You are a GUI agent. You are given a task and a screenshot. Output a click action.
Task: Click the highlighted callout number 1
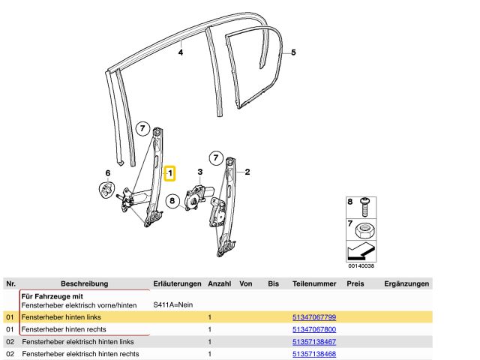pyautogui.click(x=170, y=174)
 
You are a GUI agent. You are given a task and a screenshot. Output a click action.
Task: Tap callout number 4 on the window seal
pyautogui.click(x=181, y=53)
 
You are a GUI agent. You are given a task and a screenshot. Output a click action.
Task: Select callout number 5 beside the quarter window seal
pyautogui.click(x=293, y=52)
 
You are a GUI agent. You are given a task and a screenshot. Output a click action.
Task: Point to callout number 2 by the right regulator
pyautogui.click(x=247, y=171)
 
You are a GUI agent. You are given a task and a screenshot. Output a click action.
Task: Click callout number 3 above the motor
pyautogui.click(x=200, y=172)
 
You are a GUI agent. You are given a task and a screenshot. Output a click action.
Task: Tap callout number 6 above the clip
pyautogui.click(x=107, y=173)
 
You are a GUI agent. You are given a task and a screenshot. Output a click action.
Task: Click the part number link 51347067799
pyautogui.click(x=313, y=318)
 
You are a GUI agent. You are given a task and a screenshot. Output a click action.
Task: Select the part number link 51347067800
pyautogui.click(x=313, y=330)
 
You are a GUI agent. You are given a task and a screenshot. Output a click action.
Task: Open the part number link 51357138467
pyautogui.click(x=313, y=342)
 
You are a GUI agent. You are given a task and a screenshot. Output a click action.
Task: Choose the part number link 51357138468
pyautogui.click(x=313, y=354)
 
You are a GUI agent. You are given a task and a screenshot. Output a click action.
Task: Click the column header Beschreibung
pyautogui.click(x=84, y=284)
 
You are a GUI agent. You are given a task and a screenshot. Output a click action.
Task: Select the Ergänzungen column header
pyautogui.click(x=406, y=284)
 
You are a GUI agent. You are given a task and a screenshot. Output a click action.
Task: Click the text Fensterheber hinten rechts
pyautogui.click(x=63, y=330)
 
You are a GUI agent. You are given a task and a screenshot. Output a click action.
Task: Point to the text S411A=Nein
pyautogui.click(x=173, y=305)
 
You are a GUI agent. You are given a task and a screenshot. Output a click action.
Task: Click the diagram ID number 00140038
pyautogui.click(x=361, y=265)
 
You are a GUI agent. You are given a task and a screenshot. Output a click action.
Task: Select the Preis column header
pyautogui.click(x=355, y=284)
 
